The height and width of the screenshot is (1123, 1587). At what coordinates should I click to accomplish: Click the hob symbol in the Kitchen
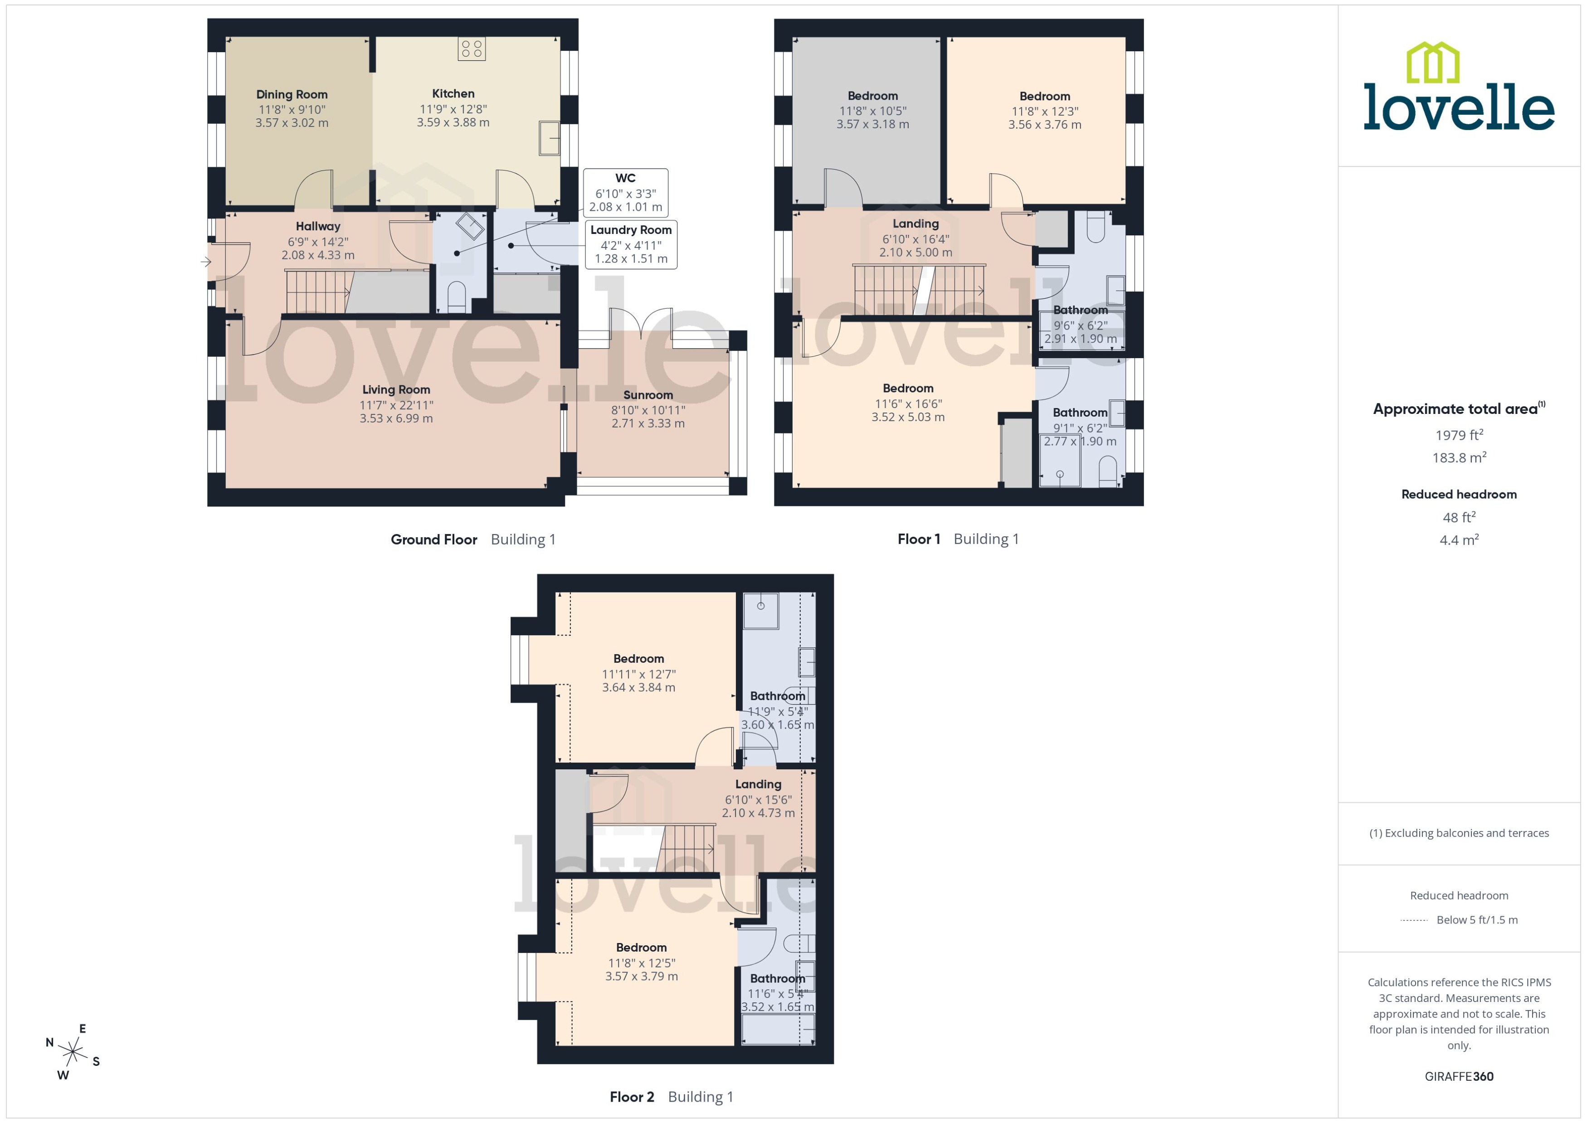coord(472,49)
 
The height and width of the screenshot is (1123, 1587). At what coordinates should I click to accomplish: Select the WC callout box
coord(625,192)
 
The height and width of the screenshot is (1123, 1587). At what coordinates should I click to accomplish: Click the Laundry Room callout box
coord(631,244)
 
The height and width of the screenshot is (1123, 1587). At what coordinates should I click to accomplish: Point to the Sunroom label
coord(648,395)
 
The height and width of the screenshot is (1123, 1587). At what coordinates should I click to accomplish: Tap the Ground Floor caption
coord(433,540)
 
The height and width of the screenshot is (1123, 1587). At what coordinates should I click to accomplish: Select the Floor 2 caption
coord(631,1097)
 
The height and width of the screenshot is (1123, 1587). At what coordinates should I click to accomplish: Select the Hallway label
coord(318,226)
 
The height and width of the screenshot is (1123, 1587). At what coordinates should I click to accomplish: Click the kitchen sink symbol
coord(549,138)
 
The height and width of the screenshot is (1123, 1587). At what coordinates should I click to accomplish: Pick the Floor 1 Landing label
coord(915,224)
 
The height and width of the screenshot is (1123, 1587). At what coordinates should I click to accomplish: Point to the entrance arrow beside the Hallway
coord(205,262)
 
